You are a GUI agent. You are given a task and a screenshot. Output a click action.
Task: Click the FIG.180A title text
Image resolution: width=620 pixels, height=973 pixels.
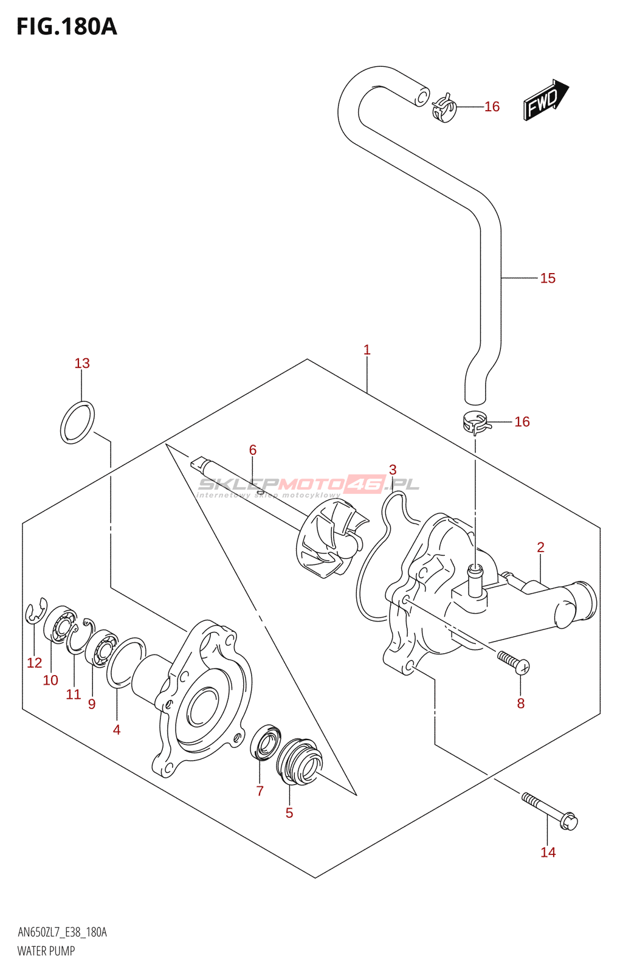tap(67, 27)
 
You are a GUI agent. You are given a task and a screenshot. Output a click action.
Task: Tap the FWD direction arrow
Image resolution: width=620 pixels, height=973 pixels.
tap(545, 99)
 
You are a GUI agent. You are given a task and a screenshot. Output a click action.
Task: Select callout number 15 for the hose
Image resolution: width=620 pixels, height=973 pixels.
tap(548, 279)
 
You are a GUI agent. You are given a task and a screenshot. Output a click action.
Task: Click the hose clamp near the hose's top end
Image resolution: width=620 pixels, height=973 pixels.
tap(444, 108)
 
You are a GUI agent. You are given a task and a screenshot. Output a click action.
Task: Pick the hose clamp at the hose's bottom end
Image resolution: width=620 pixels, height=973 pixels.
tap(475, 422)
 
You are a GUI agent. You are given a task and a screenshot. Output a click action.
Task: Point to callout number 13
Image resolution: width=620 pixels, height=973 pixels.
tap(82, 364)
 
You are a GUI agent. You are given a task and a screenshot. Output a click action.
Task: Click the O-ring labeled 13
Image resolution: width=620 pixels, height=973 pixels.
tap(77, 422)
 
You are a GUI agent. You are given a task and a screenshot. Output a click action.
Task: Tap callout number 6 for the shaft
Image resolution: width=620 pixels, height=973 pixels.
tap(253, 450)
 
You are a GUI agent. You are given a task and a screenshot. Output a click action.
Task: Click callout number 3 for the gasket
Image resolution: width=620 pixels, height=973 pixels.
tap(393, 470)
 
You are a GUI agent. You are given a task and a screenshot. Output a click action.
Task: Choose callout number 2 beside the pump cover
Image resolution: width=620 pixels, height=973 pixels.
tap(540, 547)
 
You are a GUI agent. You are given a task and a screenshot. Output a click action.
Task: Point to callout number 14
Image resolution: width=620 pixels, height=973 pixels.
tap(548, 853)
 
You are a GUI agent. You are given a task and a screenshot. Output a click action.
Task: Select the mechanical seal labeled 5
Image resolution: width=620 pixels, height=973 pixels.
tap(299, 761)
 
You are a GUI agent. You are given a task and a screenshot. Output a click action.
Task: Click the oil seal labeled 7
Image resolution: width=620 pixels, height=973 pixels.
tap(266, 741)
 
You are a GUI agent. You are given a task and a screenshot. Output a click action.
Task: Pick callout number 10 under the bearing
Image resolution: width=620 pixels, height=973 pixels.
tap(50, 680)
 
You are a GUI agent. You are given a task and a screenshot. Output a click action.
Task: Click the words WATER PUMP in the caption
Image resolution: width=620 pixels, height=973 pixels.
tap(46, 951)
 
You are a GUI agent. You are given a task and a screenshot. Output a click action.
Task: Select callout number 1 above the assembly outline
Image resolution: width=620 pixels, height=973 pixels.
tap(367, 350)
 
